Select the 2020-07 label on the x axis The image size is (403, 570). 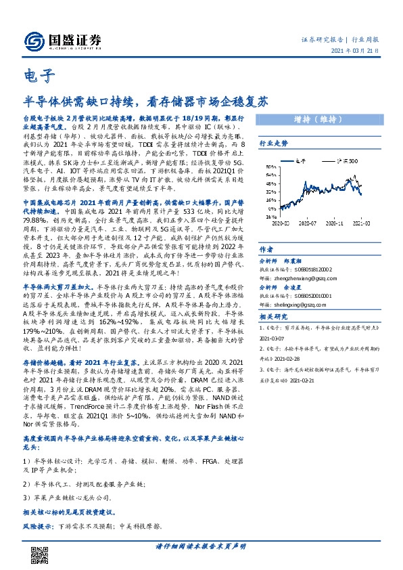click(x=309, y=221)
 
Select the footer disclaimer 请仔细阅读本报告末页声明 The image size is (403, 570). click(x=201, y=546)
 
